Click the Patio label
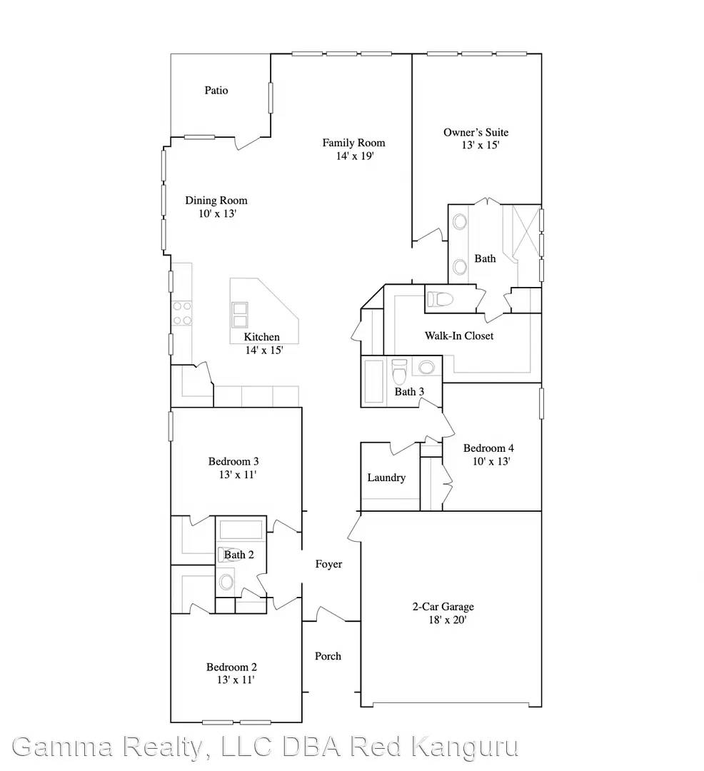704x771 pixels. (x=216, y=91)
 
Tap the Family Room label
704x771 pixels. (x=353, y=143)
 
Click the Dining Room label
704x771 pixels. (x=216, y=201)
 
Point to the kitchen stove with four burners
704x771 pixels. (x=183, y=313)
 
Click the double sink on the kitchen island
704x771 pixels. (x=239, y=315)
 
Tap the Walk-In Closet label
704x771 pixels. (x=459, y=336)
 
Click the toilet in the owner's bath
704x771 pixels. (x=440, y=299)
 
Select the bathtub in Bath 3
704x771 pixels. (x=374, y=383)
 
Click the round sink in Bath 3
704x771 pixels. (x=426, y=368)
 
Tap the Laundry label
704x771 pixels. (x=386, y=478)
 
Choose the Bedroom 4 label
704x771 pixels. (x=488, y=448)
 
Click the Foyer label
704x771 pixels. (x=328, y=564)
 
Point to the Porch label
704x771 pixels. (x=328, y=656)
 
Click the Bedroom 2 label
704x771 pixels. (x=231, y=667)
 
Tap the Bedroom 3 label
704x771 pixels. (x=233, y=461)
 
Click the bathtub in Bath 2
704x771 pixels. (x=241, y=530)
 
